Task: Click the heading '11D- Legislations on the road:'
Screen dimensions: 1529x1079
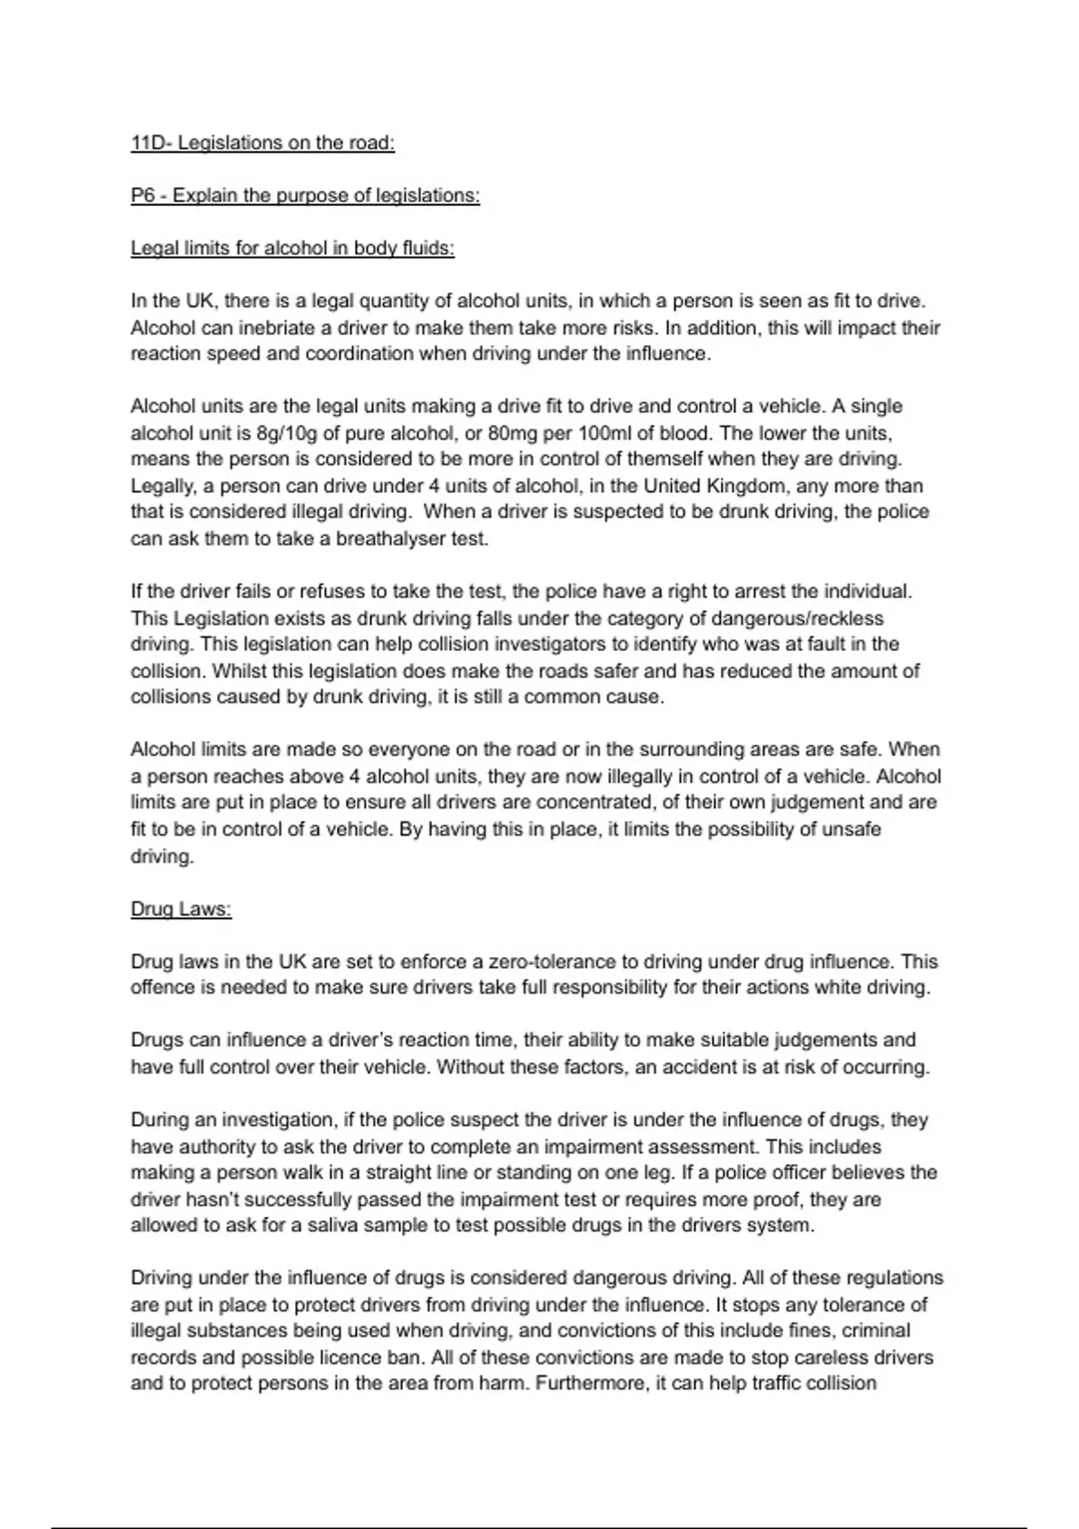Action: [x=263, y=143]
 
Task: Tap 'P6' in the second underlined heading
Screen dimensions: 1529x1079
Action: [x=143, y=196]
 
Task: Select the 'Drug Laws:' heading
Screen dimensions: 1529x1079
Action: [x=181, y=909]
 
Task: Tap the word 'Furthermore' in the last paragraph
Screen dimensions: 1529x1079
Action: [x=590, y=1384]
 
